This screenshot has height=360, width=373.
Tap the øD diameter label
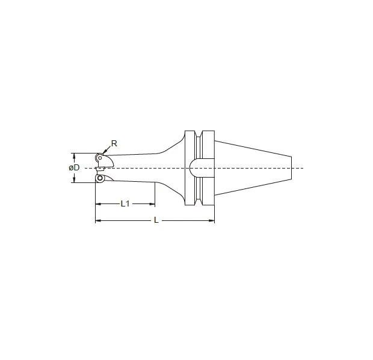tap(74, 167)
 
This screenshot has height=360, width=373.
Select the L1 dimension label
tap(125, 203)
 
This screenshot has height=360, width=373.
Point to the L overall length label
tap(156, 220)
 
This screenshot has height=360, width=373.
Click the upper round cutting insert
tap(100, 158)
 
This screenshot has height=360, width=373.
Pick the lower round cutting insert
tap(100, 178)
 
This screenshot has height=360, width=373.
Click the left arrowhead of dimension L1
tap(97, 203)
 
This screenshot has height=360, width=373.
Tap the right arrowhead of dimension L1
tap(153, 203)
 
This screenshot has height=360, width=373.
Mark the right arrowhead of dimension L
tap(212, 220)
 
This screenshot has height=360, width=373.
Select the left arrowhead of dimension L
tap(97, 220)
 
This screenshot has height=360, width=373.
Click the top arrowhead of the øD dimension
tap(75, 154)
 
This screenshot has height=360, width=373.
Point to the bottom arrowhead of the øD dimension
tap(75, 181)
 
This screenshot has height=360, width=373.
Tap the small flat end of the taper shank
tap(292, 167)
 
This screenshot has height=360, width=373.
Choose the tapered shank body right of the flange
tap(253, 167)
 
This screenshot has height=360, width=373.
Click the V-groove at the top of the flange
tap(199, 134)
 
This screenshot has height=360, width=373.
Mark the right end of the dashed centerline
tap(304, 167)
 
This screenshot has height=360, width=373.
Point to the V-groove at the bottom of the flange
tap(199, 202)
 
